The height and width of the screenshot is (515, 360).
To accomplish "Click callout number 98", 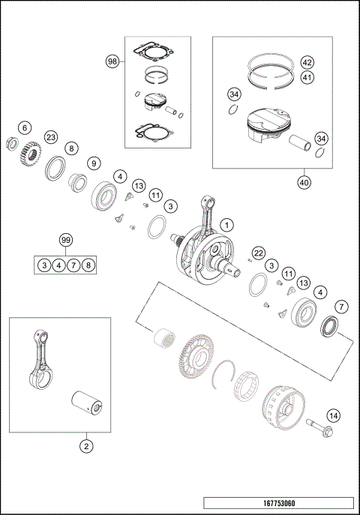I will (x=112, y=60).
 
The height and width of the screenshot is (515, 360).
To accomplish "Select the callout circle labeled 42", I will (x=307, y=61).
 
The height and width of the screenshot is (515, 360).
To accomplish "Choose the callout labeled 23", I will (x=51, y=137).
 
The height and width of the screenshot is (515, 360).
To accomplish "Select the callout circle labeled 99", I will (x=67, y=240).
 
